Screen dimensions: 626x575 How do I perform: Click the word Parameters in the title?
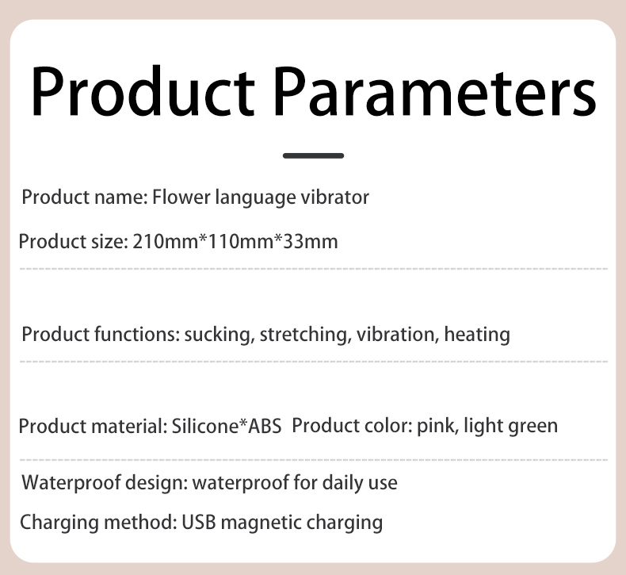[435, 91]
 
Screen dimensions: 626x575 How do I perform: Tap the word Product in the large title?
[143, 90]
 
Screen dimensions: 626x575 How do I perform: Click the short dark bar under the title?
[314, 155]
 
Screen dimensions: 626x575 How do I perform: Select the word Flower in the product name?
[181, 197]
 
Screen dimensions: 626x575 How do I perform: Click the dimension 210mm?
[166, 241]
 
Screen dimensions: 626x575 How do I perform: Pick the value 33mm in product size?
[310, 241]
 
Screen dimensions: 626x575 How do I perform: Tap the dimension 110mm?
[241, 241]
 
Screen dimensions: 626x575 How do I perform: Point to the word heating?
[477, 335]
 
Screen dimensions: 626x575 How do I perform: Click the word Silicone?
[204, 426]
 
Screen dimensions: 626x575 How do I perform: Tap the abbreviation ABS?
[265, 426]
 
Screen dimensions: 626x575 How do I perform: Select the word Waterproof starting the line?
[71, 483]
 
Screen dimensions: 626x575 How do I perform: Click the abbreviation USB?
[198, 522]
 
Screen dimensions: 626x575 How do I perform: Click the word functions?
[137, 335]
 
